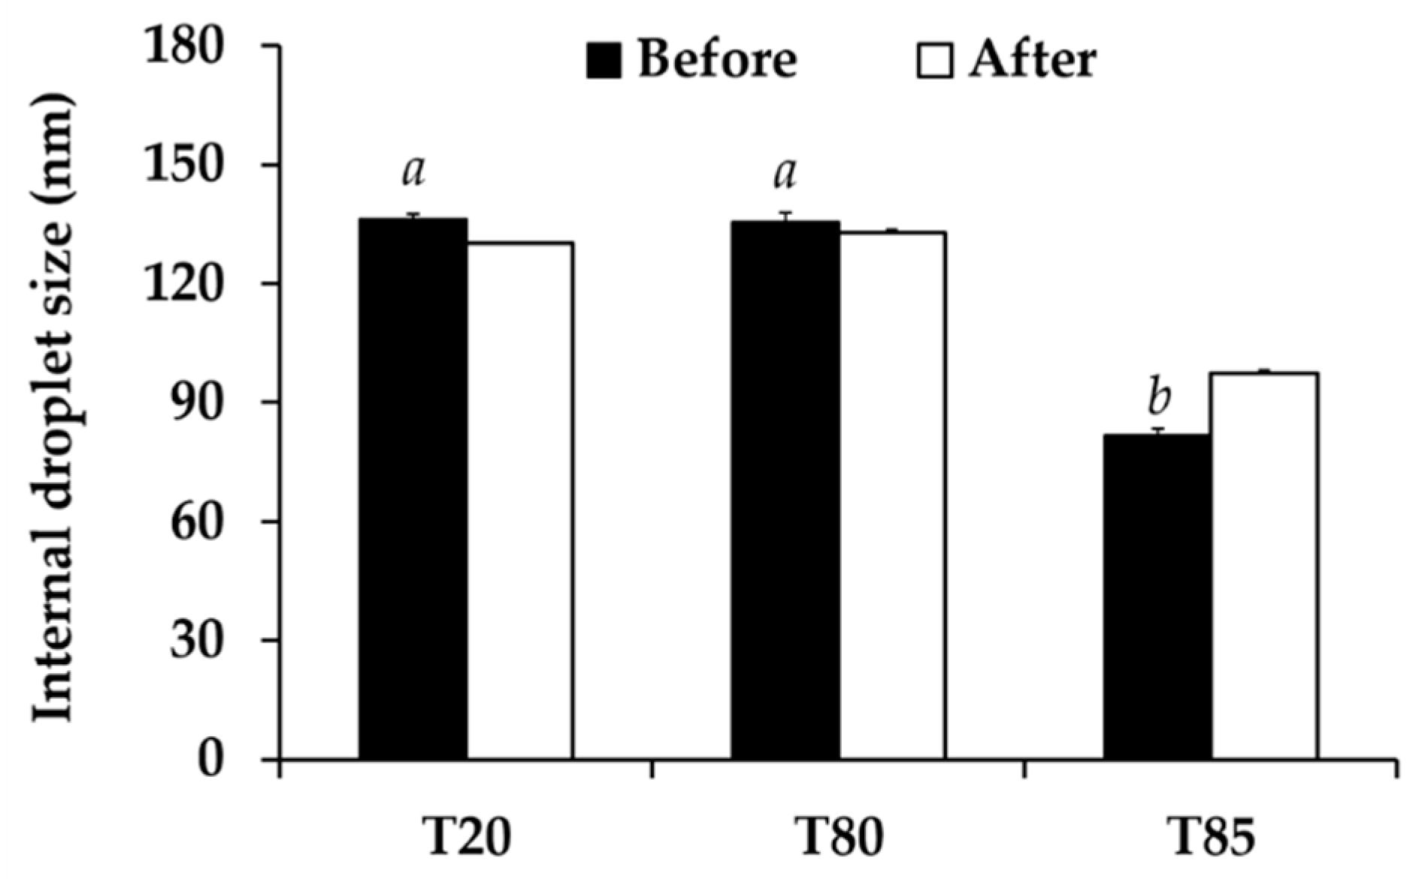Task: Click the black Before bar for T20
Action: tap(413, 488)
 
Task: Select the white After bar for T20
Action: tap(520, 500)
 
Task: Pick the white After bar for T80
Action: tap(893, 496)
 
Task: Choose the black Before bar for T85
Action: tap(1157, 597)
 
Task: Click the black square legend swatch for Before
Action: tap(604, 61)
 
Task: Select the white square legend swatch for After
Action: tap(934, 61)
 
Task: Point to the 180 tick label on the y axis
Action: tap(183, 47)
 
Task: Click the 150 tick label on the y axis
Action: tap(183, 165)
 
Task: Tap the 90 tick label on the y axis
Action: tap(197, 403)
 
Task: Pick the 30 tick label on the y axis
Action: tap(197, 640)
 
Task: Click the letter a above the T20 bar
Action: tap(413, 171)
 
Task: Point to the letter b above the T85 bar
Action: tap(1159, 398)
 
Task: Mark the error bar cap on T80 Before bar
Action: tap(785, 213)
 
